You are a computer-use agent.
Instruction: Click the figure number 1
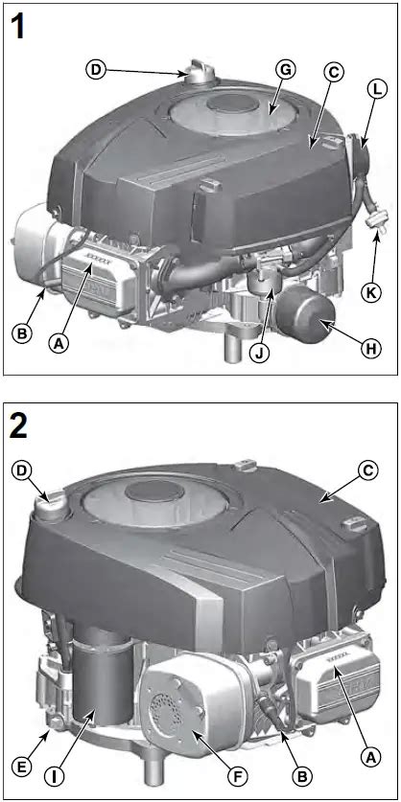click(x=18, y=27)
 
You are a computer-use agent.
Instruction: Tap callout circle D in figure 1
click(x=96, y=69)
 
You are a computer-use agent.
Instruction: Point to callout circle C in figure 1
click(x=334, y=71)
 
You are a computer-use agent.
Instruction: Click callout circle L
click(x=377, y=90)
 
